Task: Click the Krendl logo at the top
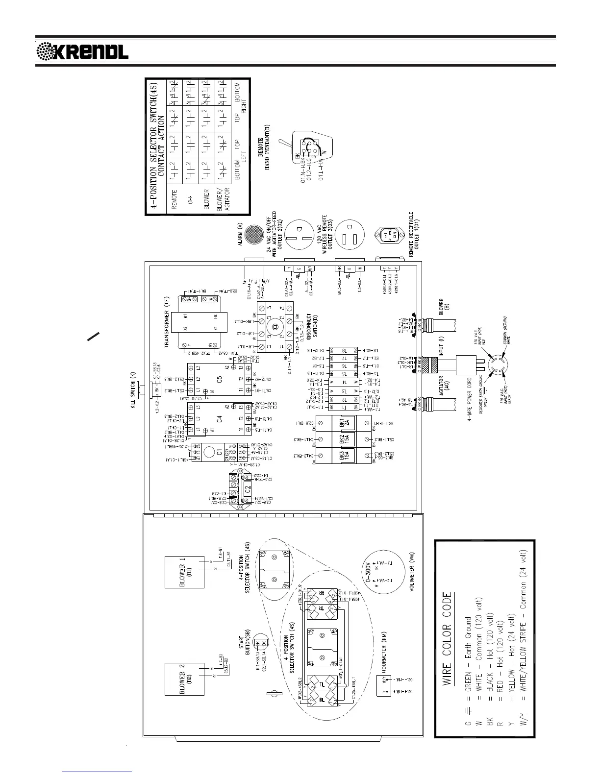click(83, 50)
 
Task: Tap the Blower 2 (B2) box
click(184, 679)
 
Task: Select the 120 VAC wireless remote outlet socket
click(350, 238)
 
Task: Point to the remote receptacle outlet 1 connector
click(390, 237)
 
